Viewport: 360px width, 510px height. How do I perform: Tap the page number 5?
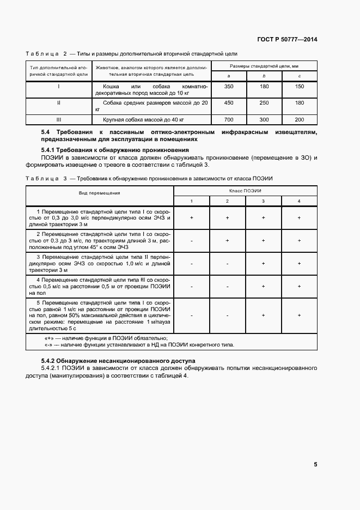315,464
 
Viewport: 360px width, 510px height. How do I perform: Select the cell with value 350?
229,87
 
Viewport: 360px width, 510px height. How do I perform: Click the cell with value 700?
229,119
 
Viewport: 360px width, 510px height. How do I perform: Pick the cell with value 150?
300,87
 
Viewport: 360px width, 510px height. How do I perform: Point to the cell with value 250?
264,103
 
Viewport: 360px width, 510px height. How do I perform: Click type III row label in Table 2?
58,119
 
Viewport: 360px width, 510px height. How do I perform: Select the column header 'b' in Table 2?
264,75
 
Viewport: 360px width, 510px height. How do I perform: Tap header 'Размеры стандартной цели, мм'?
264,66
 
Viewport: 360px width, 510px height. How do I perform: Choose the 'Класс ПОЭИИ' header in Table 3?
245,191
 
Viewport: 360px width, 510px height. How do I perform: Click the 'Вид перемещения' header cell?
100,193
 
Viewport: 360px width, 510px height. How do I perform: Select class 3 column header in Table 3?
263,202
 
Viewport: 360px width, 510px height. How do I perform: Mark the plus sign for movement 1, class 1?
192,217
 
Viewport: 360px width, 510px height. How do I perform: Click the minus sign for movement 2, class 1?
192,240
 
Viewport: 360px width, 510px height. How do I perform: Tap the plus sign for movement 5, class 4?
299,315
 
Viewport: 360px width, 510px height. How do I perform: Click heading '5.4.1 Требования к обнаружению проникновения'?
115,150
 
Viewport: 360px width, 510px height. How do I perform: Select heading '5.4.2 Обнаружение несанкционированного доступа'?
119,361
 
